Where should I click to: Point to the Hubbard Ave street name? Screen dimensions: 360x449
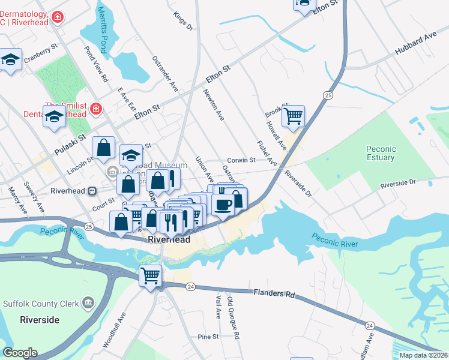(x=415, y=44)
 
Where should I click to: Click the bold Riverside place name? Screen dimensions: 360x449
(x=39, y=320)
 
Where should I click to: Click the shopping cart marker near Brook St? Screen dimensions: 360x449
(x=293, y=116)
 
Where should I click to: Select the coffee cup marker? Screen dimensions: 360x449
(x=223, y=204)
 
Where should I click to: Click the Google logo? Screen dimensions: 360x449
(x=20, y=352)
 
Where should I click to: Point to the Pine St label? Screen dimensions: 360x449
(x=208, y=337)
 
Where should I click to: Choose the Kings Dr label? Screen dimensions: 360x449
(x=182, y=20)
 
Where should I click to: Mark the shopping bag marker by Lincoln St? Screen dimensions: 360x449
(x=104, y=148)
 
